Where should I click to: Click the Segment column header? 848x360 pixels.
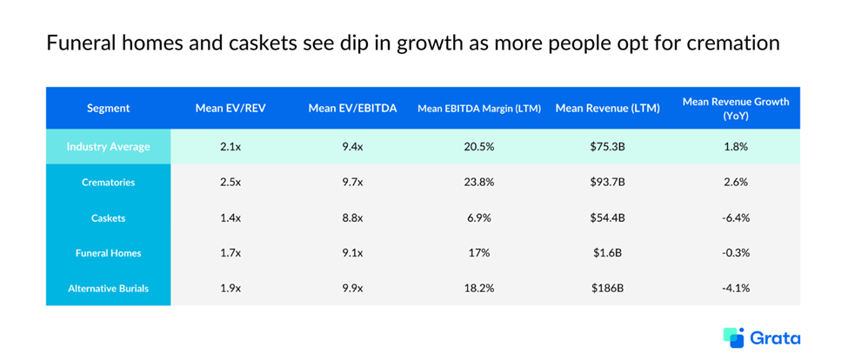(109, 109)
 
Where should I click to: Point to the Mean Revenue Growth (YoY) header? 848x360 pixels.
(736, 109)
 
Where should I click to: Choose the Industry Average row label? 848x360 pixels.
(109, 147)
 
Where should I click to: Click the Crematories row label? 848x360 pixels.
(109, 183)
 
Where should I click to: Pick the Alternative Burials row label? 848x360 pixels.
(109, 288)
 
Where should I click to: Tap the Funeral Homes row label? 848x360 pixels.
(109, 253)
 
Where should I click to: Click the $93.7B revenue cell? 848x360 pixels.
(607, 183)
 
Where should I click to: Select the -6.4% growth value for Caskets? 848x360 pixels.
(736, 217)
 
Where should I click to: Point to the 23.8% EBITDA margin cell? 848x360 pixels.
(479, 183)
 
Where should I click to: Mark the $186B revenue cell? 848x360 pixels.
(607, 288)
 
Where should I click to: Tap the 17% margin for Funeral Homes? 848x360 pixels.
(479, 253)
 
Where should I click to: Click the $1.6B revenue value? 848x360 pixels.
(607, 253)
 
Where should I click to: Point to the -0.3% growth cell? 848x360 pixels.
(736, 253)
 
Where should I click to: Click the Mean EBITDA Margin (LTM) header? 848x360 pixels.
(479, 109)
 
